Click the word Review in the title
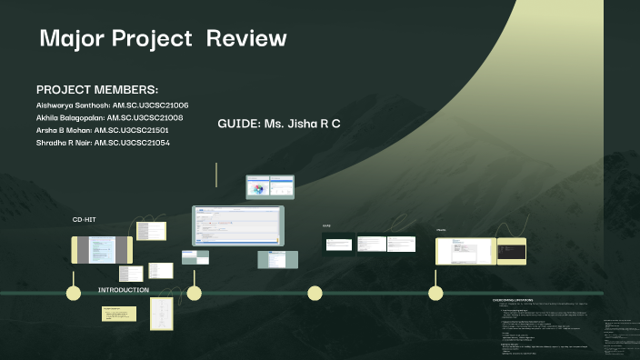tap(246, 39)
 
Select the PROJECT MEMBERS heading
tap(97, 90)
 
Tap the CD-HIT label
tap(84, 220)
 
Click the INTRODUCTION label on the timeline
tap(124, 290)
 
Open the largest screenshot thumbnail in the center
tap(237, 226)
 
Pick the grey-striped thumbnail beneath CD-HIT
tap(102, 250)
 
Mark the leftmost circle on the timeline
tap(74, 293)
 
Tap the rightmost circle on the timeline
tap(435, 293)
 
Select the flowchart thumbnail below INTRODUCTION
tap(161, 314)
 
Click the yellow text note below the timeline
tap(119, 314)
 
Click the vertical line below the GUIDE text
tap(216, 175)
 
